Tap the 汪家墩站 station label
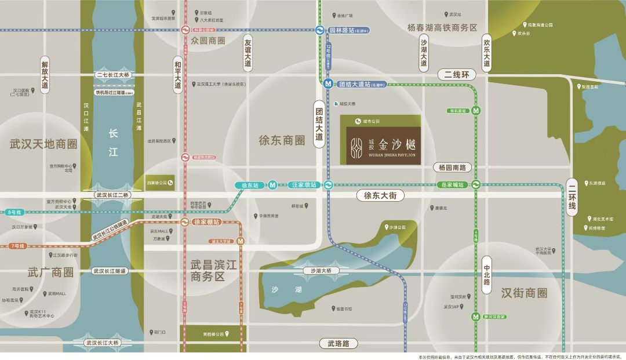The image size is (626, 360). [304, 185]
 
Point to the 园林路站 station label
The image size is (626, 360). [349, 30]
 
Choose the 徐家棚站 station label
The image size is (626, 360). [207, 222]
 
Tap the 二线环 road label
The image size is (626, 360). [456, 75]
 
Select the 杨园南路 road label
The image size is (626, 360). [452, 168]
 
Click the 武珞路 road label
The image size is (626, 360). [339, 344]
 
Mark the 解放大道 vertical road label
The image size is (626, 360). [45, 75]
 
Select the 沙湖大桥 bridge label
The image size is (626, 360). [321, 271]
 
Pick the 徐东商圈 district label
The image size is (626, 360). [282, 140]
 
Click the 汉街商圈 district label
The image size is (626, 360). [524, 293]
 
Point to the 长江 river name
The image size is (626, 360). [113, 143]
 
